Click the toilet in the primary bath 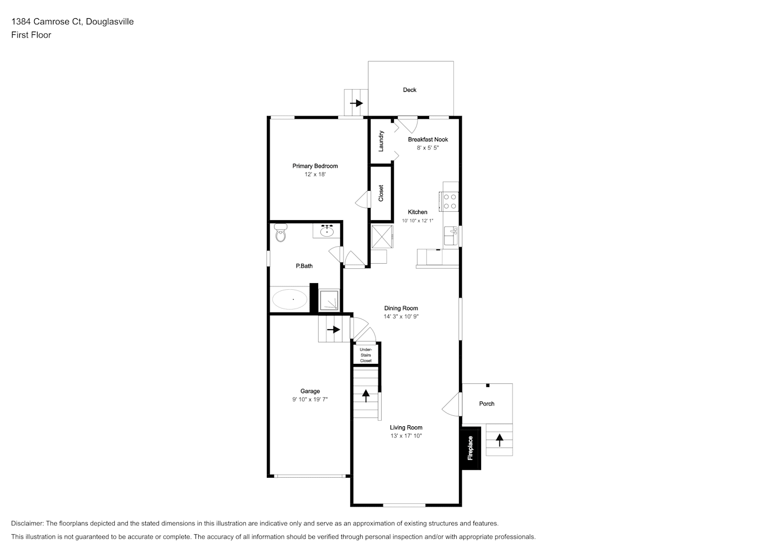pos(281,232)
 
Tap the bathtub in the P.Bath pos(289,299)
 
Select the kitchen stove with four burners pos(448,201)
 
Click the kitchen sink pos(451,236)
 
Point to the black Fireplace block pos(471,448)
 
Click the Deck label pos(410,90)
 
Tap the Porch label pos(487,404)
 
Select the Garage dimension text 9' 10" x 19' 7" pos(310,399)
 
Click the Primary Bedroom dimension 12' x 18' pos(315,174)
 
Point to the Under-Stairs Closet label pos(366,355)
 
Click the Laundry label pos(381,141)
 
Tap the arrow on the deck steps pos(356,103)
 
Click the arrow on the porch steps pos(500,440)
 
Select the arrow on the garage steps pos(333,329)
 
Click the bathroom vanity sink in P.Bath pos(327,231)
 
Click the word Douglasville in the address pos(110,22)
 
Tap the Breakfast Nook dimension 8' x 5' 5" pos(428,148)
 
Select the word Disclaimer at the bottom pos(27,523)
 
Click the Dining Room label pos(401,308)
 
